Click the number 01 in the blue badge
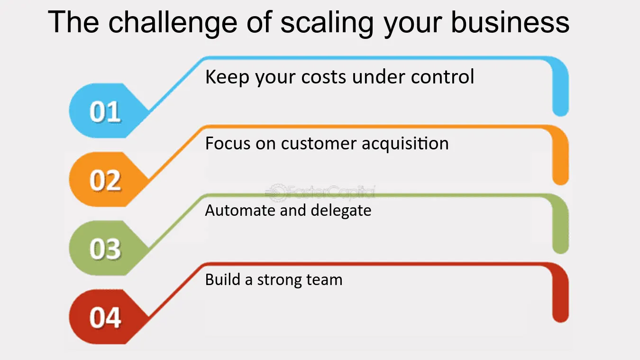click(105, 112)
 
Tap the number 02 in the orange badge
click(105, 181)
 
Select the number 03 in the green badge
click(105, 249)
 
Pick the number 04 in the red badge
click(105, 317)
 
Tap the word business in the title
click(510, 22)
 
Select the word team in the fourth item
click(324, 280)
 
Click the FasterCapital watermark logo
click(320, 192)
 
